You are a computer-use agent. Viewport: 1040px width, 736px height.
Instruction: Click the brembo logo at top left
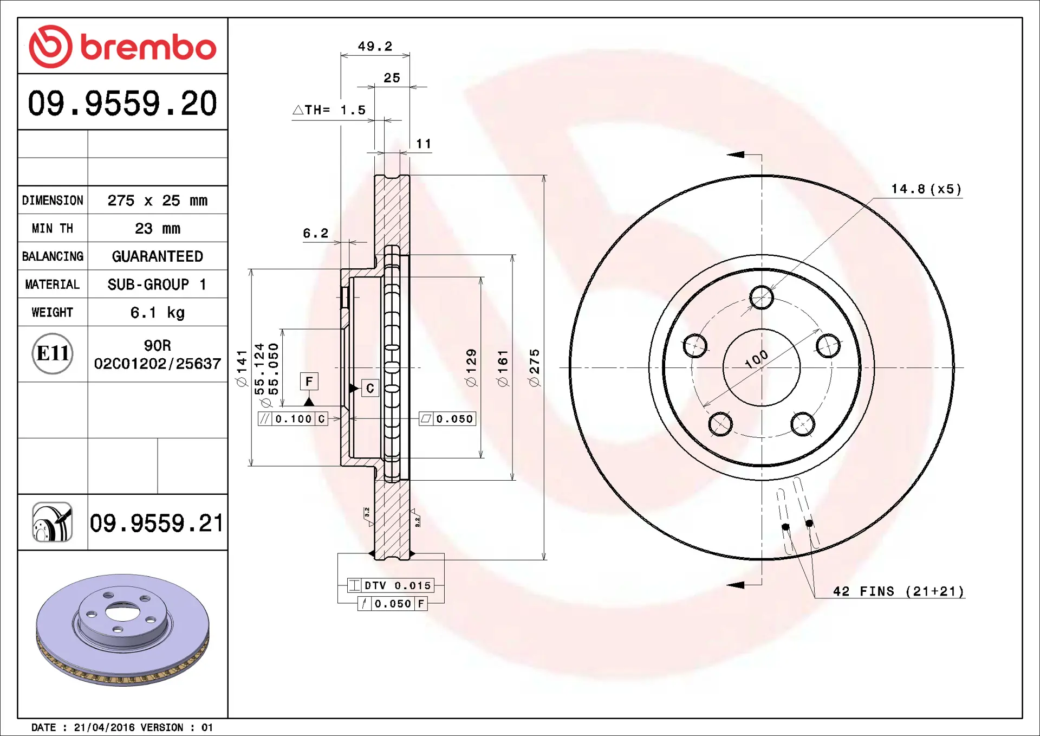coord(122,47)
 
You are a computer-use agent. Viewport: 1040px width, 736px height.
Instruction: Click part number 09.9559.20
coord(122,103)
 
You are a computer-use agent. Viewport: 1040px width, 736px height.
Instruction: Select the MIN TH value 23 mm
coord(157,229)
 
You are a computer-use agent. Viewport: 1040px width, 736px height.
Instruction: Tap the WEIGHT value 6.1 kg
coord(157,313)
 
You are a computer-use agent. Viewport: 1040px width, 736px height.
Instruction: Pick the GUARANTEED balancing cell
coord(157,256)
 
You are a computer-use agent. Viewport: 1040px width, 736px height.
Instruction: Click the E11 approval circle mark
coord(53,353)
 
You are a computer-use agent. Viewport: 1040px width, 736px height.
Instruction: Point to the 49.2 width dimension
coord(375,47)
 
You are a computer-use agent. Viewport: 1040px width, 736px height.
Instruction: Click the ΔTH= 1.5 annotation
coord(329,110)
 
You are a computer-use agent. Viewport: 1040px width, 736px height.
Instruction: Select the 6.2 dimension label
coord(316,234)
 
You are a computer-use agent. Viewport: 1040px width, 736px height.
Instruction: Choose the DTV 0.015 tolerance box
coord(391,585)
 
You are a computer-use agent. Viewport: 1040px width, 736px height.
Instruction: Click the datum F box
coord(309,382)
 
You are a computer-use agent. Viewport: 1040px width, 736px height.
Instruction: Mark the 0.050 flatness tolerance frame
coord(447,419)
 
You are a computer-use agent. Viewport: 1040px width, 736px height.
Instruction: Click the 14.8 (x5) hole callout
coord(926,189)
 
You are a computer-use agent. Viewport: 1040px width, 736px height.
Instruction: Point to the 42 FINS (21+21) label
coord(899,591)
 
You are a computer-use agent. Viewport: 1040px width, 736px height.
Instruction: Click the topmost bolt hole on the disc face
coord(762,298)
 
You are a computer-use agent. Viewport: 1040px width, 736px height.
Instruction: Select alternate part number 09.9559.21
coord(157,523)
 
